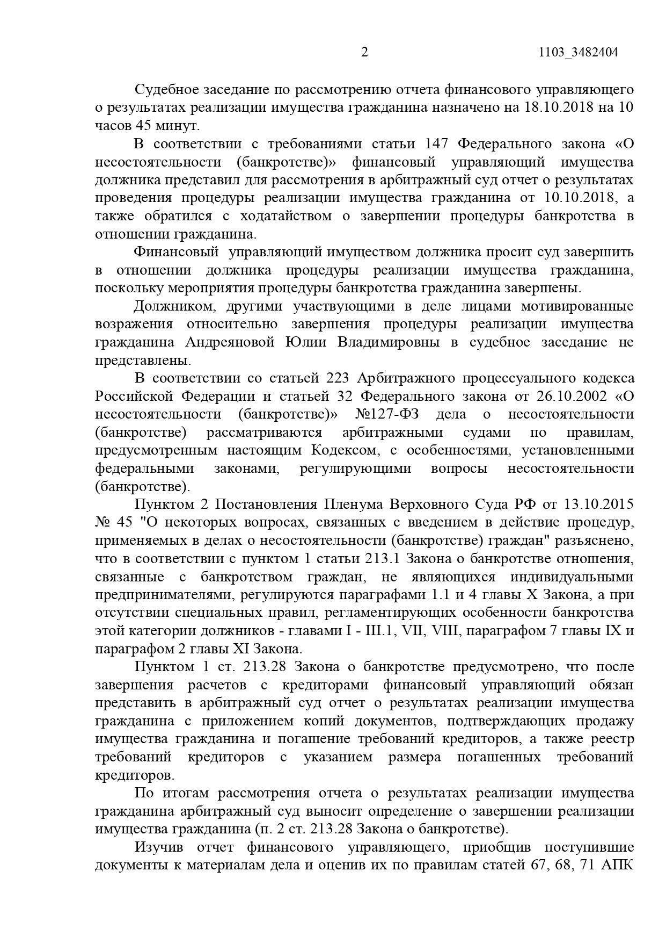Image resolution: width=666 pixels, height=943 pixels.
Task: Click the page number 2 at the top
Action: tap(365, 52)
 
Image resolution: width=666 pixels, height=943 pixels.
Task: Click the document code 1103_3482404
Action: tap(577, 53)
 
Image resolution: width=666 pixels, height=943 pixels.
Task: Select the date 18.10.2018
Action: tap(557, 107)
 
